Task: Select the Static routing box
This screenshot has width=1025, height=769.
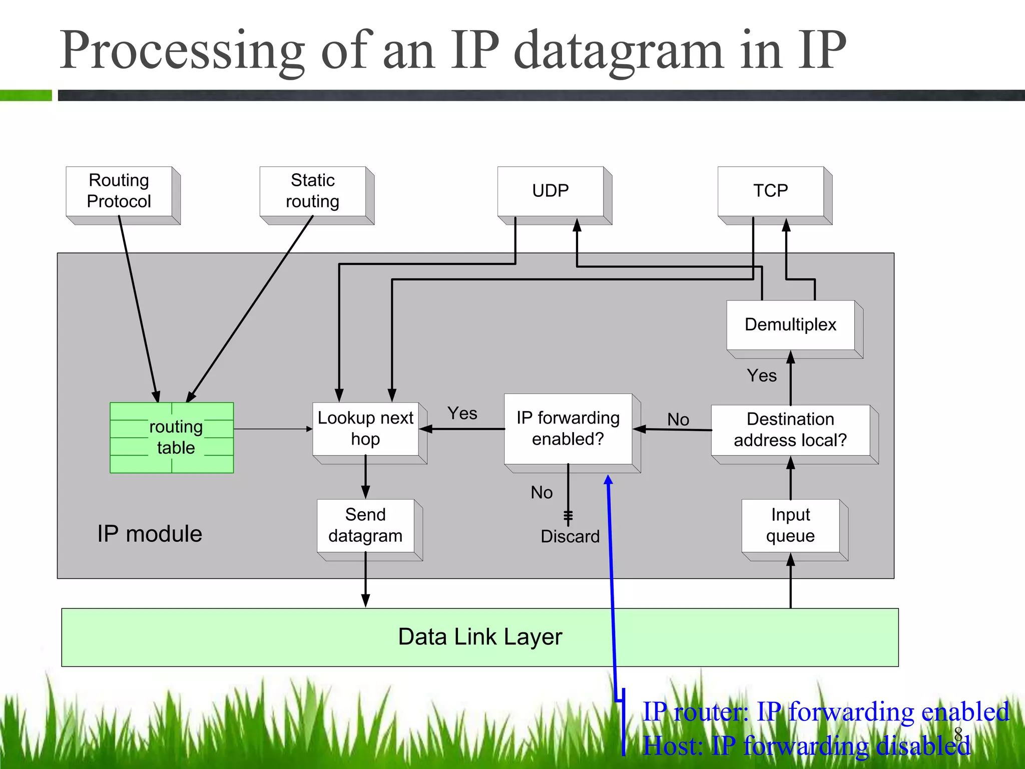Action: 313,191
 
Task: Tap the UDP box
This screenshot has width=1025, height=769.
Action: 551,191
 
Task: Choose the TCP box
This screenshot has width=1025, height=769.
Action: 771,191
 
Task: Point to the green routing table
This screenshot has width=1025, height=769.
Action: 172,437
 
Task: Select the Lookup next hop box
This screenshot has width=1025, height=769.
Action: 365,429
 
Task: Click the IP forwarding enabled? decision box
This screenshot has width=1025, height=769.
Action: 568,429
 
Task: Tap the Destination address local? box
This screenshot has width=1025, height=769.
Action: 791,430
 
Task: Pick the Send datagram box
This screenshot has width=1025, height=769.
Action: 365,525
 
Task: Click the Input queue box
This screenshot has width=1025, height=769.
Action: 791,525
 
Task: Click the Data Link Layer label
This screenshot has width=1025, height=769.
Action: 480,637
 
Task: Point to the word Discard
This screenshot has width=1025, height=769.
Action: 570,537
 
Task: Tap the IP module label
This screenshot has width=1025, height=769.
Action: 150,534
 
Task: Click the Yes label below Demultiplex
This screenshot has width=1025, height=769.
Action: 762,375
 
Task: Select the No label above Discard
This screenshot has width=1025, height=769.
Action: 542,493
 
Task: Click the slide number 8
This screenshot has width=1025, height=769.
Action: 958,733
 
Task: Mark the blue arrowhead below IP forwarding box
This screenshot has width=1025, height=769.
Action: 609,480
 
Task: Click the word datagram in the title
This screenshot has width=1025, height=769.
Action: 619,51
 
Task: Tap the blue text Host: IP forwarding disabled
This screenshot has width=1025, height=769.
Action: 806,746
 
